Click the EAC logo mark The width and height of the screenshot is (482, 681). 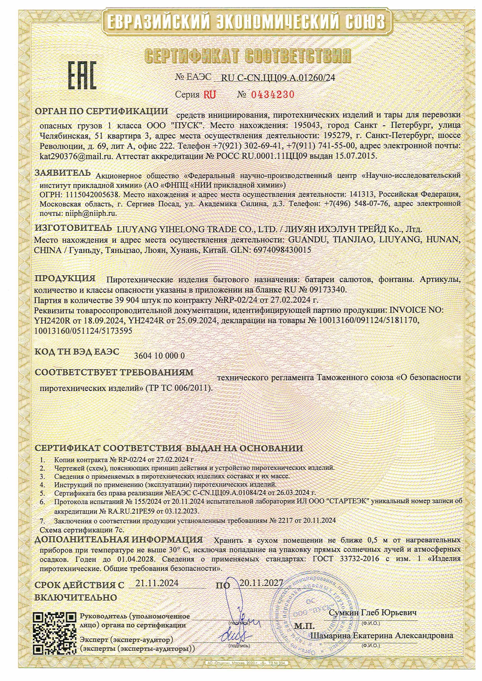(x=82, y=75)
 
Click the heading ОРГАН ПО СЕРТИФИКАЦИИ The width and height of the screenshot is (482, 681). (x=101, y=111)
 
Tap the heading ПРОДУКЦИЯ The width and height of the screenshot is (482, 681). (x=65, y=278)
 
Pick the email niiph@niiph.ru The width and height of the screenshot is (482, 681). (x=89, y=213)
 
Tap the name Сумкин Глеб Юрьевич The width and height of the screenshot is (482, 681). (x=373, y=613)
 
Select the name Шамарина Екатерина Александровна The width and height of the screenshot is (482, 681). (x=382, y=635)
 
